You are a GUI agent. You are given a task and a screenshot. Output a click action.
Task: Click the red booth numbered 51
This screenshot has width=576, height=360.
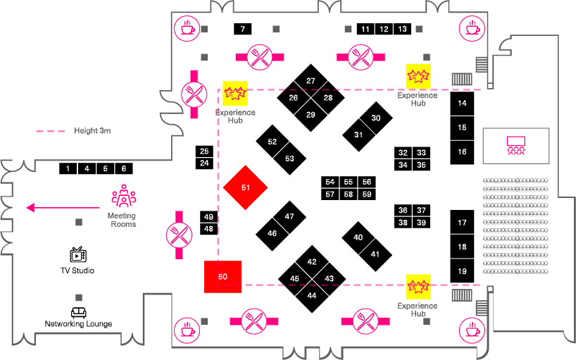246,187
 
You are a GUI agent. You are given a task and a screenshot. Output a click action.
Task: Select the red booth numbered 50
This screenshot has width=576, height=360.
223,277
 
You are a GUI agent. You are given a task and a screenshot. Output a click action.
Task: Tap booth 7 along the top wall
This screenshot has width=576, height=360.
243,29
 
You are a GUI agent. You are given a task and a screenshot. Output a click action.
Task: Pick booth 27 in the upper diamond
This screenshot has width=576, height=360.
311,81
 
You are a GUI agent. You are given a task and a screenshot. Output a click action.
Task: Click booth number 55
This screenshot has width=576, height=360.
348,182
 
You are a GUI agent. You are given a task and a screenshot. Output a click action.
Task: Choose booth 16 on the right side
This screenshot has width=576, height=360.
462,151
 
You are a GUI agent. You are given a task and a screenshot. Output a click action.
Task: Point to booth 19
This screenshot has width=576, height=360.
462,271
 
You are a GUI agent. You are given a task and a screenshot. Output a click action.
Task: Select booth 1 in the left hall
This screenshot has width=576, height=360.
68,168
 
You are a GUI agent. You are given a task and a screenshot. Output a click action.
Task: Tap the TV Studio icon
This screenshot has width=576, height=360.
77,254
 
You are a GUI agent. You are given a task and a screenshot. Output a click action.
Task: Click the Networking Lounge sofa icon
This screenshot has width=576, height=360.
78,312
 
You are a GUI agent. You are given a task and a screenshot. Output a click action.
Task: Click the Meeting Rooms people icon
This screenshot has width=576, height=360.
123,196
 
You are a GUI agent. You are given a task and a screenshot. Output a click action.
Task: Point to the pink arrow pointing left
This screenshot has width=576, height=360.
63,208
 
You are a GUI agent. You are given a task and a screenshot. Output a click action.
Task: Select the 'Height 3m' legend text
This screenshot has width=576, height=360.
93,131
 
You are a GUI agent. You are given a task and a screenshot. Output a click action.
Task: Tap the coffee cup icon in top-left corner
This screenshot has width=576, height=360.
187,28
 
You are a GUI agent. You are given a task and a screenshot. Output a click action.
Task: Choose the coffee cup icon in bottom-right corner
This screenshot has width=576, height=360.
471,329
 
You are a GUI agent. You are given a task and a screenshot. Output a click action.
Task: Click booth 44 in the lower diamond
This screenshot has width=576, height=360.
311,295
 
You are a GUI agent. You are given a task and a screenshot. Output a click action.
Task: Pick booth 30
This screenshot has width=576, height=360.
376,118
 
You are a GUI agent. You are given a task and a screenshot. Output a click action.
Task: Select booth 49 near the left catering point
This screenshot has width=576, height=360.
208,216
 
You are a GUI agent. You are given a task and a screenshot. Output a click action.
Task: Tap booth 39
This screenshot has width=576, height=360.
421,223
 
